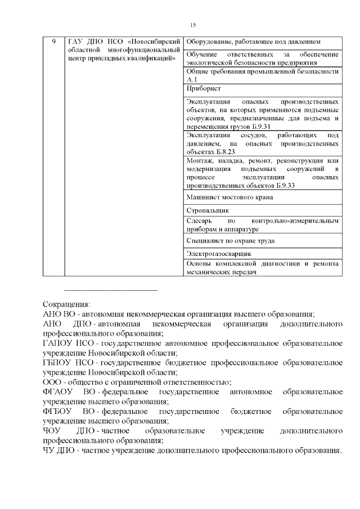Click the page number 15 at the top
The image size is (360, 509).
coord(193,25)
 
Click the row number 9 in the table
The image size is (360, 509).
coord(53,42)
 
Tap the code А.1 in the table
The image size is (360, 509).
coord(192,80)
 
